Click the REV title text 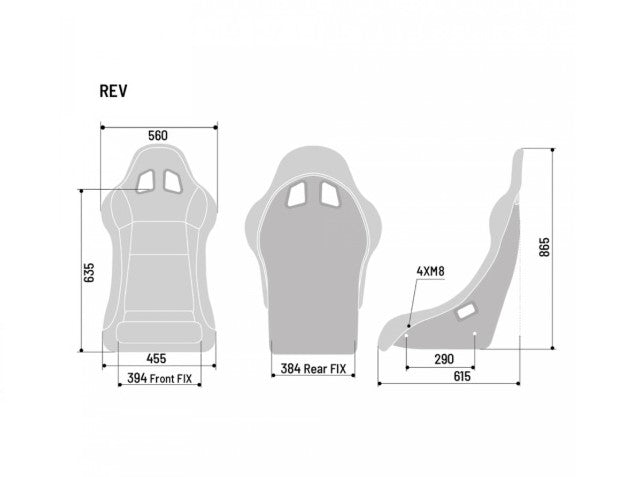point(113,91)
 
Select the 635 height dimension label point(89,273)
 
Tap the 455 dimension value point(156,357)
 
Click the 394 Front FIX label point(160,378)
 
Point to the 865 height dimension point(544,247)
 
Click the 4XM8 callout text point(429,271)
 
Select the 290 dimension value point(443,358)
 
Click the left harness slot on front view point(145,180)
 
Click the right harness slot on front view point(171,180)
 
